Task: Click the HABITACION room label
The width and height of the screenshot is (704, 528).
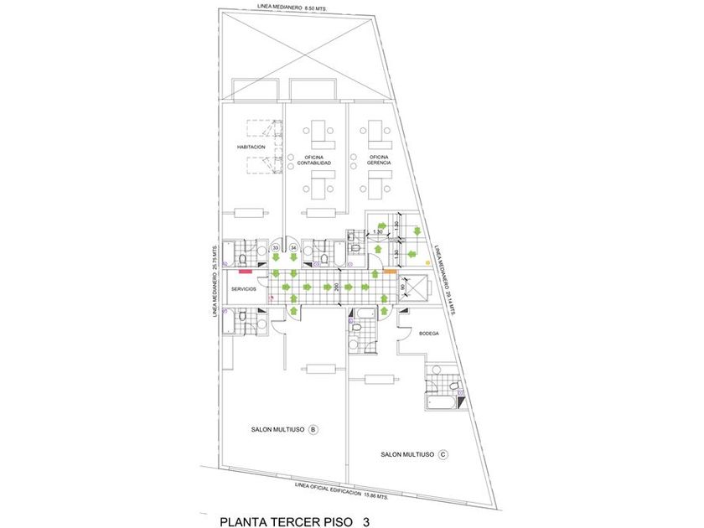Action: [251, 147]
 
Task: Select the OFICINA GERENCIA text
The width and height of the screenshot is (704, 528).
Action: [380, 159]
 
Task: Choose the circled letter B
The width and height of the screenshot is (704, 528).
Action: [313, 430]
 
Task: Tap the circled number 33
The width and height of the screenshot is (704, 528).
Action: [277, 248]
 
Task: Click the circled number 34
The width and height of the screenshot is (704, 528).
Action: [292, 248]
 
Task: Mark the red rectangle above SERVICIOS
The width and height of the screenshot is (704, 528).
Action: [246, 271]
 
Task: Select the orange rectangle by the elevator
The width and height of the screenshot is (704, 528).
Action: [390, 271]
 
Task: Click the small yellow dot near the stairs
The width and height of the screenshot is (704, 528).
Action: [427, 262]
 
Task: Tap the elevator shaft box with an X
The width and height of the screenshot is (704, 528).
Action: [414, 289]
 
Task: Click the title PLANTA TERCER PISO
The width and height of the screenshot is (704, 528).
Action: [284, 521]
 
